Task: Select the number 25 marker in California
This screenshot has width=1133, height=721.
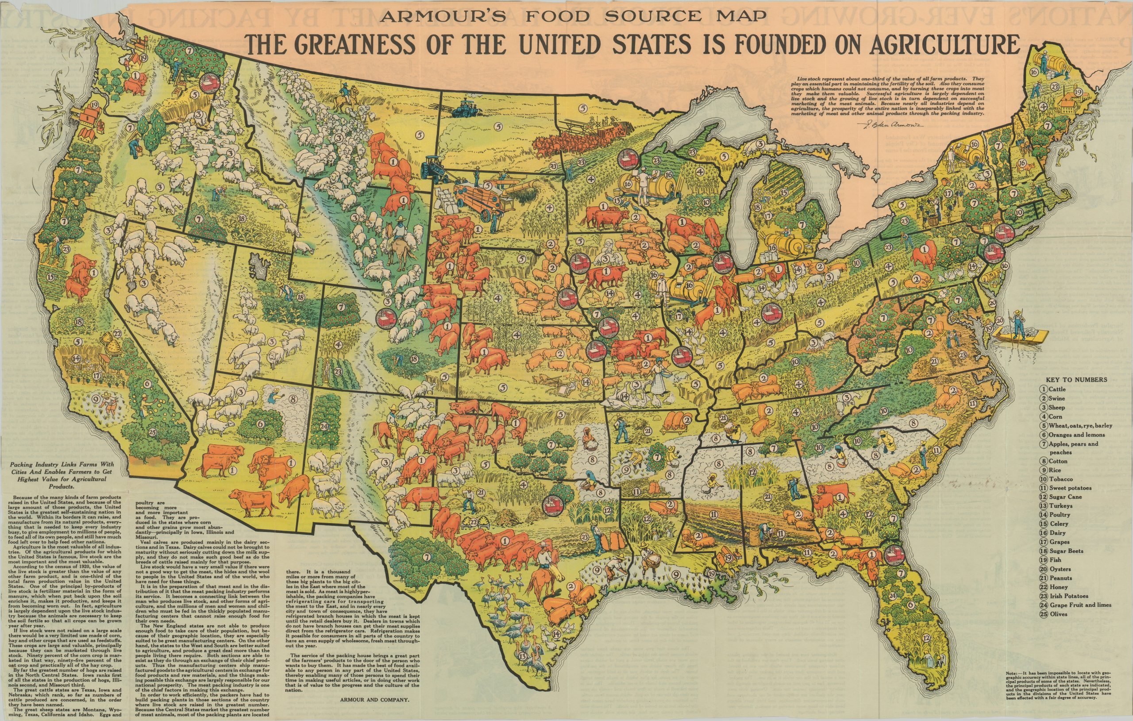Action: click(152, 432)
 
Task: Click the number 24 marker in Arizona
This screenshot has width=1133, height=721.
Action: click(323, 427)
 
